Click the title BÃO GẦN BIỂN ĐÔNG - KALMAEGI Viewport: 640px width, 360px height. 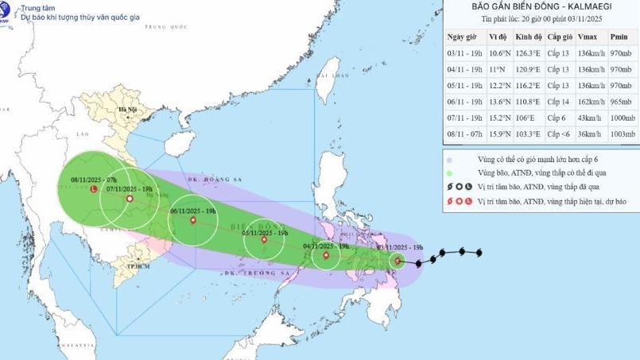tap(541, 7)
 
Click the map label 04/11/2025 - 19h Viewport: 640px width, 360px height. tap(328, 246)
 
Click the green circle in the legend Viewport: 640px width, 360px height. tap(450, 172)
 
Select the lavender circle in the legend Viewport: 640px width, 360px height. tap(450, 158)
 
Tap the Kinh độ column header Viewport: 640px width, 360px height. tap(528, 37)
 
